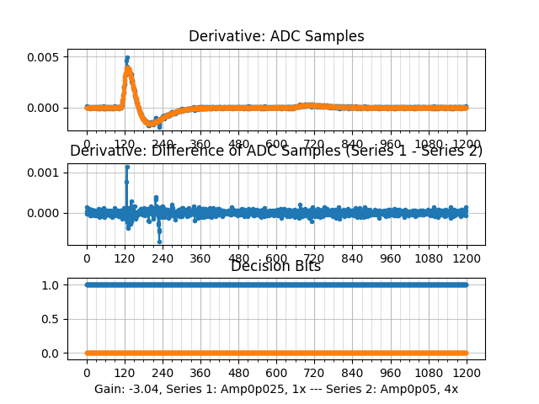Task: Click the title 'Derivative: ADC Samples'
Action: (x=276, y=36)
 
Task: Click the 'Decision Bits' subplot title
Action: (x=276, y=267)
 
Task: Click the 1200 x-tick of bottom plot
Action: (x=467, y=373)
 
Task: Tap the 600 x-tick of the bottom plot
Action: (x=276, y=373)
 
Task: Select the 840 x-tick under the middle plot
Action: (x=353, y=258)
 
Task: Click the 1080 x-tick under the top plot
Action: (x=429, y=144)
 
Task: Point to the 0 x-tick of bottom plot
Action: (x=87, y=373)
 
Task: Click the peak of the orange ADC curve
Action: (x=127, y=68)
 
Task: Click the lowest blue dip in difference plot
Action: (x=159, y=242)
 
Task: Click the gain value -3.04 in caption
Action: (x=143, y=390)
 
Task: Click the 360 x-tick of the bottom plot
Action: (x=200, y=373)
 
